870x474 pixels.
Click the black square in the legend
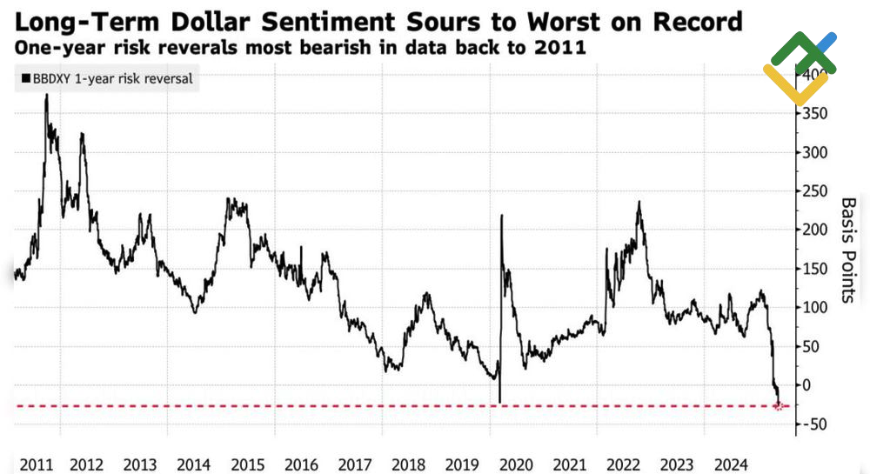[26, 79]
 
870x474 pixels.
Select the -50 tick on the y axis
[815, 424]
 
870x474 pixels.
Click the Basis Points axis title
[849, 250]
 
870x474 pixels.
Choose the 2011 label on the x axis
[36, 463]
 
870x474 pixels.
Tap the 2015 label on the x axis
[248, 463]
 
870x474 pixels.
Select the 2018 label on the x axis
[408, 463]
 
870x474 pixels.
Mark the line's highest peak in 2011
[46, 94]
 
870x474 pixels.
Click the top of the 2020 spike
[502, 215]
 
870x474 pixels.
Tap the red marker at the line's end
[780, 406]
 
